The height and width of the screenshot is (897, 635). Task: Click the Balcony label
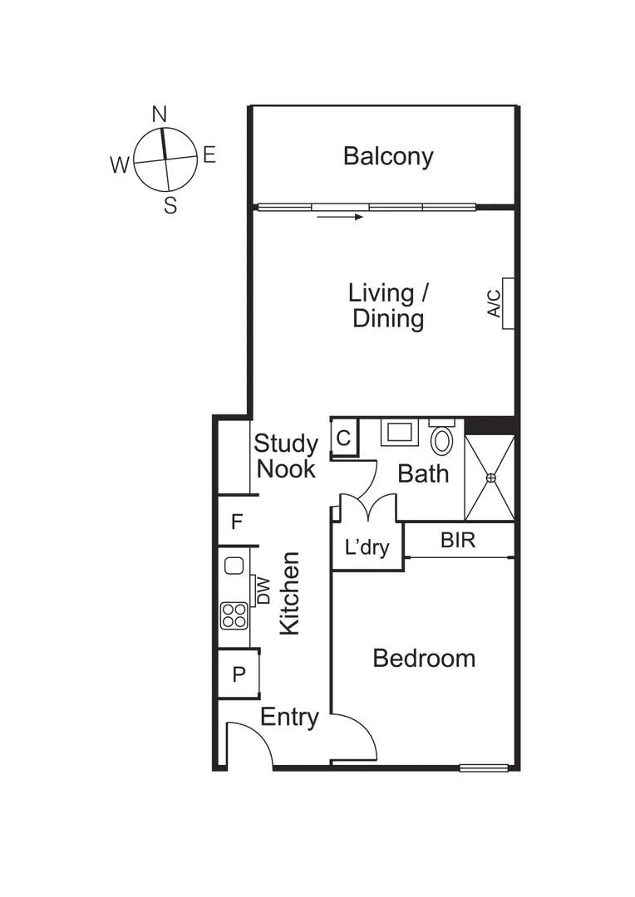(x=388, y=156)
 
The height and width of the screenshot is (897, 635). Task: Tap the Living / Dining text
(x=388, y=306)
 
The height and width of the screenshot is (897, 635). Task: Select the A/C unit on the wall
(x=508, y=303)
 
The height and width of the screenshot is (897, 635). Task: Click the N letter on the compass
(x=160, y=115)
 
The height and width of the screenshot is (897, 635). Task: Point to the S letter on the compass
(x=170, y=206)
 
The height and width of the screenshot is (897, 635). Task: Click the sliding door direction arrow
(x=340, y=217)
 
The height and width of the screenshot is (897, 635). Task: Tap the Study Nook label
(x=286, y=456)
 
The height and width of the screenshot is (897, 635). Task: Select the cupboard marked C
(x=344, y=438)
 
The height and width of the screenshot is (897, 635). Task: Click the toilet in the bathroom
(x=442, y=439)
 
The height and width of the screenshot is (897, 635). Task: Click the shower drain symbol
(x=490, y=478)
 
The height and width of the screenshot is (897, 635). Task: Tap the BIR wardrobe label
(x=458, y=541)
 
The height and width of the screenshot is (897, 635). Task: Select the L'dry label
(x=367, y=548)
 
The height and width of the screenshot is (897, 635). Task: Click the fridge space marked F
(x=237, y=522)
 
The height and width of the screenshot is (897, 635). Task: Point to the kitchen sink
(x=234, y=566)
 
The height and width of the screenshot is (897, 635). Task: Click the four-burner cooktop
(x=234, y=615)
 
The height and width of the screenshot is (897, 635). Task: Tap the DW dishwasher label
(x=263, y=591)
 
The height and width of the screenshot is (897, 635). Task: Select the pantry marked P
(x=239, y=674)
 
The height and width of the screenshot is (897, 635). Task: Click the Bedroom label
(x=424, y=659)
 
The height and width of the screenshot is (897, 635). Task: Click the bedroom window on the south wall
(x=484, y=767)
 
